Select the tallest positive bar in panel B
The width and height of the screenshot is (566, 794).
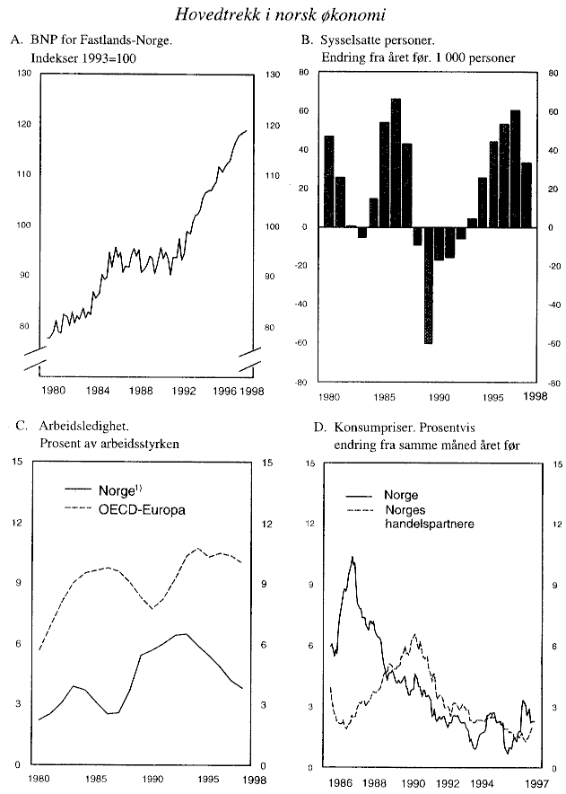(x=396, y=163)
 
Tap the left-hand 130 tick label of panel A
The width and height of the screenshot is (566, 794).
(x=23, y=74)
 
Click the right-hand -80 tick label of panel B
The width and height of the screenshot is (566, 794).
(x=553, y=383)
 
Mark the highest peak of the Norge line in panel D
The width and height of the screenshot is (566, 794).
(x=353, y=559)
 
